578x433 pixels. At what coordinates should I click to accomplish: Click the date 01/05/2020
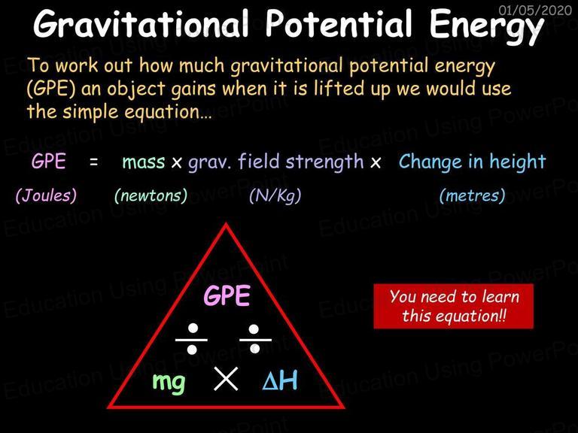coord(535,11)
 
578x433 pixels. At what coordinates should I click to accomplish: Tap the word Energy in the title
coord(487,26)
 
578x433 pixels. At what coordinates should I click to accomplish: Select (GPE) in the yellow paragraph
coord(51,89)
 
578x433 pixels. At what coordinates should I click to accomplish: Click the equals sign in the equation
coord(94,162)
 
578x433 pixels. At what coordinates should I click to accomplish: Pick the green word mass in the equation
coord(144,162)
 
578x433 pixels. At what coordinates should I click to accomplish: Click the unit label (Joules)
coord(46,195)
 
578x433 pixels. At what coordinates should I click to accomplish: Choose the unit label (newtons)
coord(151,195)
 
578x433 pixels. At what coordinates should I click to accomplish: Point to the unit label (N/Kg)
coord(275,195)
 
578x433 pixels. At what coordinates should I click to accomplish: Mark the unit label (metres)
coord(472,195)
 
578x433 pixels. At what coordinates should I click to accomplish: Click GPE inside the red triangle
coord(227,295)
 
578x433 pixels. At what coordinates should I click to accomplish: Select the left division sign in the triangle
coord(192,339)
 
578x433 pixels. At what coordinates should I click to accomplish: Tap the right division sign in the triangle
coord(255,339)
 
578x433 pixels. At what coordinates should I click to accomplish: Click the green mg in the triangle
coord(169,383)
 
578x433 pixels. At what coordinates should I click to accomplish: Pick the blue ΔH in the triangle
coord(280,380)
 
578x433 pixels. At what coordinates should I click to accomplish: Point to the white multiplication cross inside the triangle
coord(226,379)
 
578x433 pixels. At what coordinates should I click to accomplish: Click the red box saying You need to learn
coord(453,306)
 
